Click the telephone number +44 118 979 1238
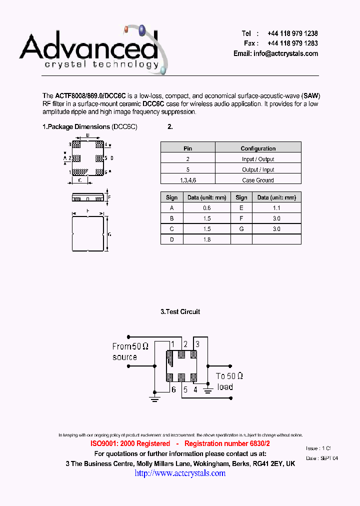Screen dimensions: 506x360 click(292, 33)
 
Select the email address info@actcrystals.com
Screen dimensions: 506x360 click(285, 53)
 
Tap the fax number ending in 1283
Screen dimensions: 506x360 click(292, 43)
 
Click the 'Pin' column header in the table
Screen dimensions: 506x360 click(187, 148)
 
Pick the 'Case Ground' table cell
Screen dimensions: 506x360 click(258, 180)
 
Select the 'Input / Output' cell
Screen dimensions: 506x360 click(258, 159)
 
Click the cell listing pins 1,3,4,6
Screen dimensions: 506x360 click(187, 180)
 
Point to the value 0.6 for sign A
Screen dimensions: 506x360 click(207, 208)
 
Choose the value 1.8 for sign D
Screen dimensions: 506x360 click(207, 239)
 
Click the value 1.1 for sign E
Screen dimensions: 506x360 click(276, 208)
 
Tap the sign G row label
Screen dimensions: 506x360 click(241, 229)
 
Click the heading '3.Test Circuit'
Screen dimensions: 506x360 click(180, 311)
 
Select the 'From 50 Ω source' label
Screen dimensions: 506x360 click(130, 351)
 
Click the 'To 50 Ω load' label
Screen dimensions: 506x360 click(229, 381)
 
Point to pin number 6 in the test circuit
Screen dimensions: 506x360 click(173, 389)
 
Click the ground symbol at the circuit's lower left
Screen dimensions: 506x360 click(154, 398)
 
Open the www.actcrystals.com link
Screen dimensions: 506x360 click(180, 473)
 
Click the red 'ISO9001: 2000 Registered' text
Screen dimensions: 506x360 click(130, 443)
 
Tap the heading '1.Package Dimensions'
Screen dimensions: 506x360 click(76, 127)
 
